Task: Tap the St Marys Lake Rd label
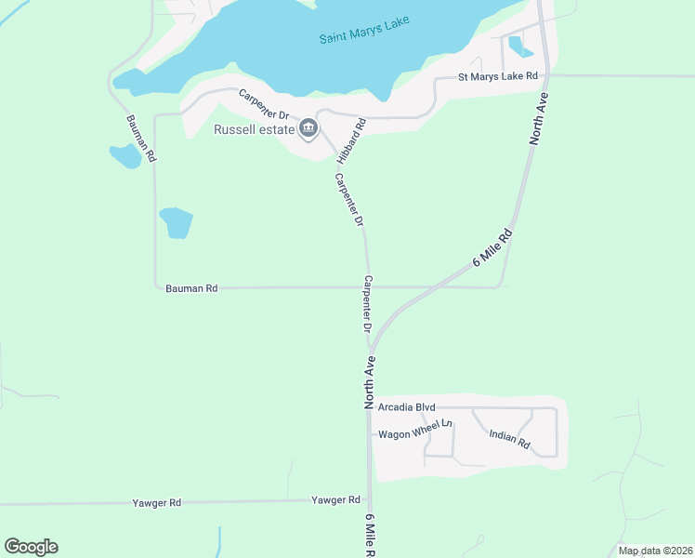click(x=498, y=76)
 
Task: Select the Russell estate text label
click(x=254, y=129)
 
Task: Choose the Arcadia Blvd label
click(x=407, y=407)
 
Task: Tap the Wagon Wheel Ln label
click(x=414, y=434)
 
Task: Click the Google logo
click(x=31, y=547)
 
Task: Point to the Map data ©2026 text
click(x=654, y=551)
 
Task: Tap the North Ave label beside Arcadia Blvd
click(x=370, y=383)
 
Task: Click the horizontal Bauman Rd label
click(x=191, y=288)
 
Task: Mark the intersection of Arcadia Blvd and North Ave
click(x=371, y=407)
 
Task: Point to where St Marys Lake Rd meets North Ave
click(x=546, y=75)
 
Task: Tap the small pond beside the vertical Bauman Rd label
click(x=125, y=155)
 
